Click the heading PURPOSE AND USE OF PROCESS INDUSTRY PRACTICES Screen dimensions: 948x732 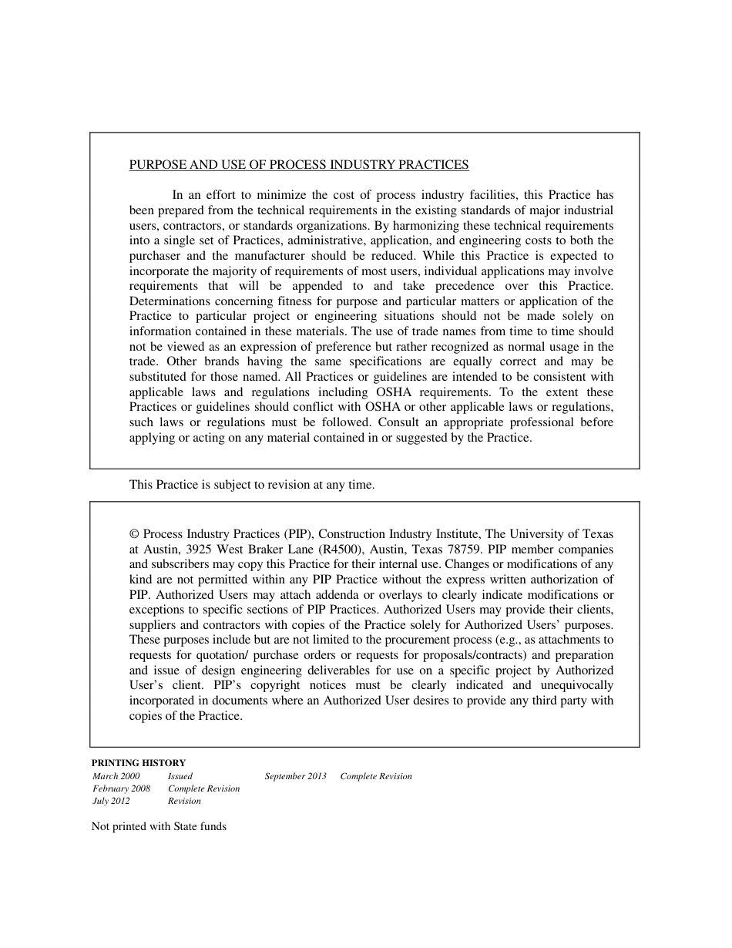(298, 165)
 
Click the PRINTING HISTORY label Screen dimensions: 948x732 (139, 763)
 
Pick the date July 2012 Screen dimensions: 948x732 (112, 801)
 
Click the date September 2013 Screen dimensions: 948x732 (296, 776)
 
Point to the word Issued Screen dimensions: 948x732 (180, 776)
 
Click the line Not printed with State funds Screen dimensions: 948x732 (159, 827)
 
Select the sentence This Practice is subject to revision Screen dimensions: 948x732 (251, 485)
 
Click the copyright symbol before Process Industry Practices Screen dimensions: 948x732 (134, 534)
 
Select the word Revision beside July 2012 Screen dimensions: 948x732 (184, 801)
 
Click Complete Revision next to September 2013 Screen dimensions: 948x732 (376, 776)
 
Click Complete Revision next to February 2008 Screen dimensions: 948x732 (203, 788)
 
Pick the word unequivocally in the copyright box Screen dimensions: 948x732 (576, 685)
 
